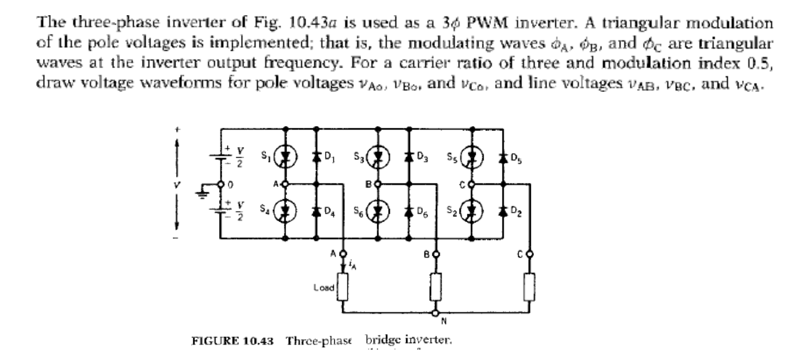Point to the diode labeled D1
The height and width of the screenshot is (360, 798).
click(316, 156)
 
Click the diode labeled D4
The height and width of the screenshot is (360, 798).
click(316, 212)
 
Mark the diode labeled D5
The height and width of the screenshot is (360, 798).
click(504, 156)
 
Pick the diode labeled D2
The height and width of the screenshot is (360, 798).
click(504, 212)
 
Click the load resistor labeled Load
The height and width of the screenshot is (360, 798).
click(343, 288)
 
